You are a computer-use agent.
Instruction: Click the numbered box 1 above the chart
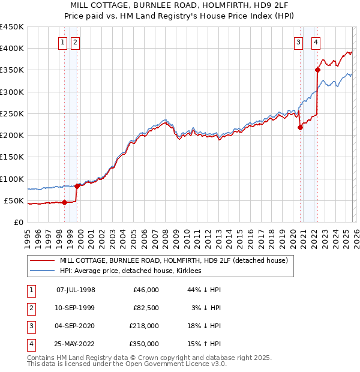point(63,42)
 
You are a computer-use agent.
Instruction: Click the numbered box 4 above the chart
point(316,42)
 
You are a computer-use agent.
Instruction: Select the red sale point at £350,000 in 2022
point(317,70)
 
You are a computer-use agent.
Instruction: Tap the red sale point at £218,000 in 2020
point(299,127)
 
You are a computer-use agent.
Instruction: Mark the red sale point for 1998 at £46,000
point(64,202)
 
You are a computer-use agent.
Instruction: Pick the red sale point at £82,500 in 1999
point(77,187)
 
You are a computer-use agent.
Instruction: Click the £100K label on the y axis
point(12,179)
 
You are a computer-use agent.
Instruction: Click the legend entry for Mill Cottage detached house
point(174,261)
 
